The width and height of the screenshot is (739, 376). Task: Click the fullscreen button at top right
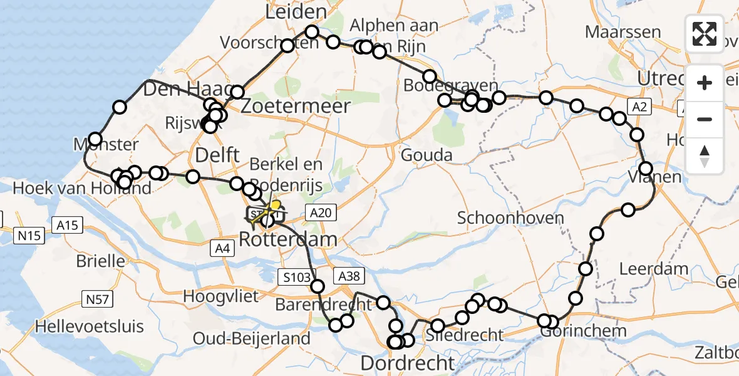point(705,33)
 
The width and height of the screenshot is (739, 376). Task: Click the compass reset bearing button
point(705,156)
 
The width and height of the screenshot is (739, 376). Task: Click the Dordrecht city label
point(408,363)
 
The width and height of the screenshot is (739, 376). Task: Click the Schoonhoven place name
point(510,218)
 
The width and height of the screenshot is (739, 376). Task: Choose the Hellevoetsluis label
point(90,326)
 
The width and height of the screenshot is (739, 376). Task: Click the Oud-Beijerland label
point(251,339)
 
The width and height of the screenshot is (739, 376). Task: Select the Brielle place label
point(100,261)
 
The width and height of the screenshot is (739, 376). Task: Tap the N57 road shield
point(98,301)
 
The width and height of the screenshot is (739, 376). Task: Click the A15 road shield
point(68,225)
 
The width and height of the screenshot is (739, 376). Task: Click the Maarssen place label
point(623,32)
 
